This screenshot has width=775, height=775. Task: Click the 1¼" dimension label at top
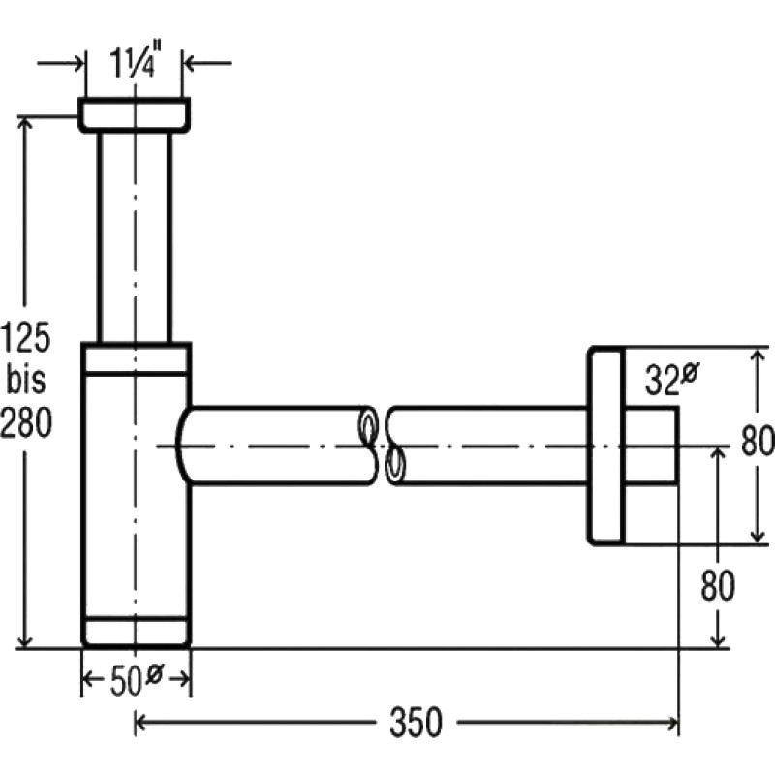(x=132, y=63)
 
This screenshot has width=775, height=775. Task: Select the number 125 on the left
(x=26, y=337)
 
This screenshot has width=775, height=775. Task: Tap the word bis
(x=26, y=379)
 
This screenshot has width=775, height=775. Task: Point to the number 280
(x=26, y=423)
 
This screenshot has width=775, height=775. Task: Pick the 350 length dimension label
(x=416, y=723)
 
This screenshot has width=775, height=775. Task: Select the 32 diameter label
(x=672, y=379)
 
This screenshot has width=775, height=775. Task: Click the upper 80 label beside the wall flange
(x=757, y=441)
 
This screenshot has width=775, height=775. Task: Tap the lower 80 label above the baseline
(x=718, y=586)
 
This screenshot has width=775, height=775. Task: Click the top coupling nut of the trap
(x=135, y=115)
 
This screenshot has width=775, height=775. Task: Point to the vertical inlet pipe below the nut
(x=135, y=237)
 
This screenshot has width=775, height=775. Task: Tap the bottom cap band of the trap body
(x=136, y=632)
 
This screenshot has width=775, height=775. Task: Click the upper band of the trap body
(x=136, y=357)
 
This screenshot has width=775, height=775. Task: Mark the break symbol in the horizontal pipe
(x=381, y=446)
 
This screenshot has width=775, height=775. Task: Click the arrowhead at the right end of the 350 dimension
(x=672, y=723)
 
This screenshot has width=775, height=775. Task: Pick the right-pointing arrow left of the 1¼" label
(x=60, y=63)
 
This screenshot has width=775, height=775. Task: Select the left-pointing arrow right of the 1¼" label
(x=207, y=63)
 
